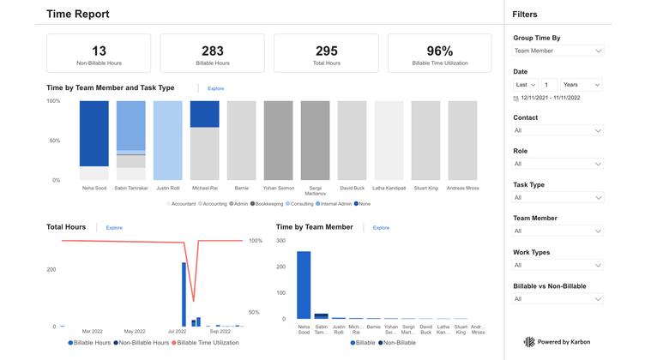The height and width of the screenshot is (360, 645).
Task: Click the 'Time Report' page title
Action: pyautogui.click(x=78, y=14)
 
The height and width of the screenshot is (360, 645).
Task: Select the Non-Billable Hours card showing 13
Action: pyautogui.click(x=99, y=53)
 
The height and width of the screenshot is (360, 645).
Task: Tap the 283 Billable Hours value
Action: pyautogui.click(x=213, y=51)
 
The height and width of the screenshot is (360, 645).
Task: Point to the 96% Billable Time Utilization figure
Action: pyautogui.click(x=439, y=51)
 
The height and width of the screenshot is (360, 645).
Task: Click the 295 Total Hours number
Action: pyautogui.click(x=327, y=51)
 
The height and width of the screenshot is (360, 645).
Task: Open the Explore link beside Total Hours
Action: pyautogui.click(x=114, y=228)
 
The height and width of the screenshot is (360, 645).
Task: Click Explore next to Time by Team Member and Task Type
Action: pyautogui.click(x=215, y=88)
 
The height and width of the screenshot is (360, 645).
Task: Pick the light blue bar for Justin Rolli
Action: pyautogui.click(x=167, y=141)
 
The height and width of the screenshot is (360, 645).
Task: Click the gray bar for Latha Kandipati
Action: pyautogui.click(x=389, y=141)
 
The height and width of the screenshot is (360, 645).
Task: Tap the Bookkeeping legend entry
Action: pyautogui.click(x=269, y=204)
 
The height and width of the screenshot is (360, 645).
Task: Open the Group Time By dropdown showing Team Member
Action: pyautogui.click(x=558, y=51)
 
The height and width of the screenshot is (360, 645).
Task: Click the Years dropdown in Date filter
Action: pyautogui.click(x=582, y=85)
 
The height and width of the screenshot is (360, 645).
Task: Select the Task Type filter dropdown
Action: pyautogui.click(x=558, y=197)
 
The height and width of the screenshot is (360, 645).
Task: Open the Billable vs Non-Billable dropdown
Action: pyautogui.click(x=558, y=299)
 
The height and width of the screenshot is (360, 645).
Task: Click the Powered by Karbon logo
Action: pyautogui.click(x=558, y=341)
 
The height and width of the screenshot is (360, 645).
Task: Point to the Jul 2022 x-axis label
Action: pyautogui.click(x=178, y=331)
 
